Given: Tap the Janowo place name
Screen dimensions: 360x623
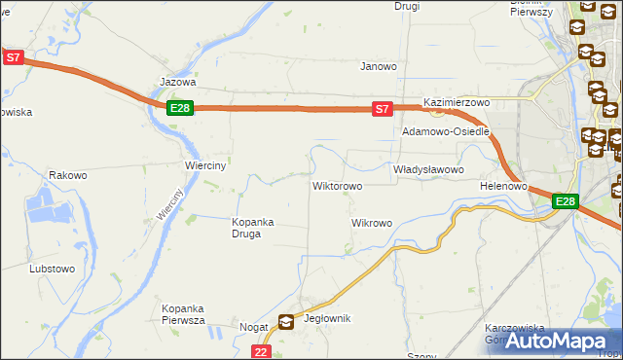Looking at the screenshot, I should [379, 67].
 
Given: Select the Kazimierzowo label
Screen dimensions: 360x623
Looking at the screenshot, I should [456, 102].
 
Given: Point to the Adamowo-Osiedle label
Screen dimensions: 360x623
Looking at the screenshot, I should [446, 131].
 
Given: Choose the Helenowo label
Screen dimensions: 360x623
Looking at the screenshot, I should [503, 185].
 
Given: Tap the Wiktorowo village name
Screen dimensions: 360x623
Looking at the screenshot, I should [337, 185].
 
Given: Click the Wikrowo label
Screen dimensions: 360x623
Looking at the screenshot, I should [371, 223].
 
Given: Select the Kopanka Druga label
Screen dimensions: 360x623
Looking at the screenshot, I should [252, 228].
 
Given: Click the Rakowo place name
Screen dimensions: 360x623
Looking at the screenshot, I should [68, 176].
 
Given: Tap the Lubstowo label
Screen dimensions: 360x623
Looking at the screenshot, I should [53, 268].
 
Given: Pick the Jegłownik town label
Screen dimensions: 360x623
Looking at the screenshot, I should [327, 319].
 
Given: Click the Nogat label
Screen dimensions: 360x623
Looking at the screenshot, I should [253, 328].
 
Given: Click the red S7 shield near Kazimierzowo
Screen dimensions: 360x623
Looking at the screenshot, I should [384, 110].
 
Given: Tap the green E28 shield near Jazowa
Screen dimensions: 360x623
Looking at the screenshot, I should [179, 108].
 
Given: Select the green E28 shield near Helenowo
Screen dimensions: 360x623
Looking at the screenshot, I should [566, 201].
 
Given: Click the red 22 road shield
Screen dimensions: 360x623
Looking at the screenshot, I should [261, 352].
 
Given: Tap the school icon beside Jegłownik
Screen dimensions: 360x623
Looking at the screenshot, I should [286, 322].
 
